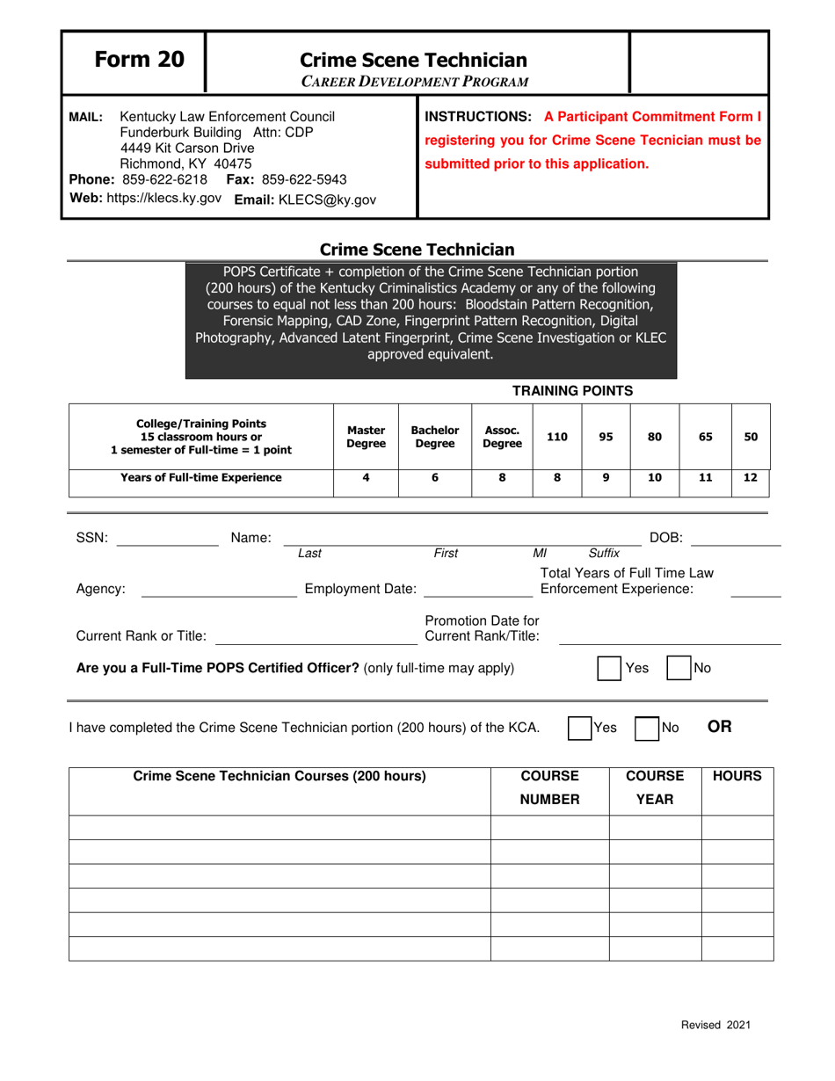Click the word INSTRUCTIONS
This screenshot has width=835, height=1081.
479,116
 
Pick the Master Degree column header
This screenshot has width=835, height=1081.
366,437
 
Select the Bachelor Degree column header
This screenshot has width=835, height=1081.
435,437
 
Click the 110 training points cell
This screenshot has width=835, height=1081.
557,437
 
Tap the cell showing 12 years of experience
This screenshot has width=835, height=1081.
751,478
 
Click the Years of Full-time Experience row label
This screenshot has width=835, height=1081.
201,478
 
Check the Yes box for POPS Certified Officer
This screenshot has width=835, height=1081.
609,668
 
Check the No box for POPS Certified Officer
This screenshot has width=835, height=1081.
679,668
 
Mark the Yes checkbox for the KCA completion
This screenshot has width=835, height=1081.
579,728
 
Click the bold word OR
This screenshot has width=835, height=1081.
720,727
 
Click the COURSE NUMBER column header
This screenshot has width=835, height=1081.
549,787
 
